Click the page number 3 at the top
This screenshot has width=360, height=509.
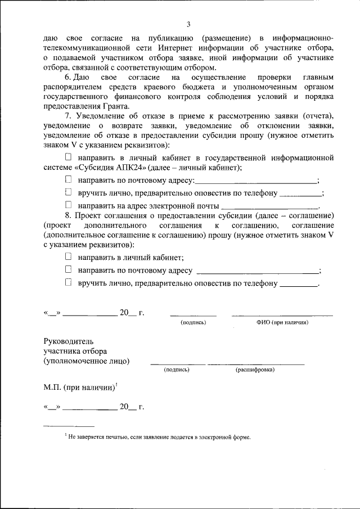[x=188, y=24]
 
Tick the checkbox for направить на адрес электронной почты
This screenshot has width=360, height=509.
[x=69, y=206]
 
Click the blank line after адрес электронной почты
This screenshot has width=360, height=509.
[x=271, y=208]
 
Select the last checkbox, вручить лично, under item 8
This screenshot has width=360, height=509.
[x=69, y=283]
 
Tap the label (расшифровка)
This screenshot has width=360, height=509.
[x=255, y=370]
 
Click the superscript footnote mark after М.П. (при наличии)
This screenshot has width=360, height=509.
[x=116, y=385]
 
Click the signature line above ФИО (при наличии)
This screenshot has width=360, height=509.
[x=282, y=316]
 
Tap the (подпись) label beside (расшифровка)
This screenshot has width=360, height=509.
[x=177, y=370]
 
